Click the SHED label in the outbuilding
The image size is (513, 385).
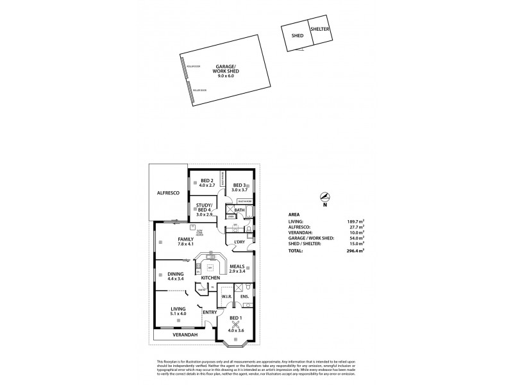click(x=297, y=36)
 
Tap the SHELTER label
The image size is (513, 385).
click(x=320, y=29)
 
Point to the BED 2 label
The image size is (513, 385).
click(x=206, y=180)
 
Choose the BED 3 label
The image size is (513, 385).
click(x=240, y=185)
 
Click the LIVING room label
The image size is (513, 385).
click(x=178, y=309)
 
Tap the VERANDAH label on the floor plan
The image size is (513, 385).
click(x=184, y=334)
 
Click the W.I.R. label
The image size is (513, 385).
click(x=226, y=296)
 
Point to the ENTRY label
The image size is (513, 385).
click(x=209, y=312)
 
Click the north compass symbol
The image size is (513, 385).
click(x=325, y=198)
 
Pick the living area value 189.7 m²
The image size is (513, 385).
click(x=355, y=221)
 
